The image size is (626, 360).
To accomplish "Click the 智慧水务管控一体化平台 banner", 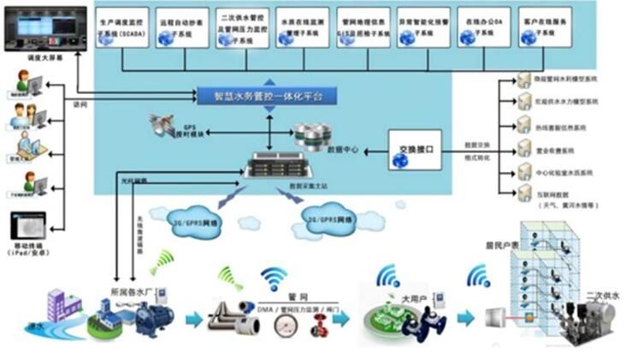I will click(x=261, y=96).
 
